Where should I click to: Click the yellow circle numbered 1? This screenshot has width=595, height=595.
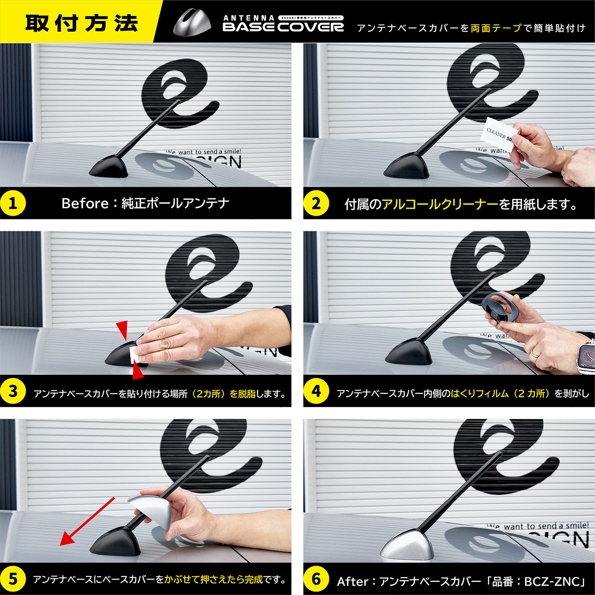click(13, 203)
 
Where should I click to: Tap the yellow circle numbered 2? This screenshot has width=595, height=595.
click(316, 203)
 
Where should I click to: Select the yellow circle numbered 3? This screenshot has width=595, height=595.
click(13, 391)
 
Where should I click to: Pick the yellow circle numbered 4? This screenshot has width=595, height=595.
click(316, 391)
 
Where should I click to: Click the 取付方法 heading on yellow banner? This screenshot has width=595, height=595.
click(81, 23)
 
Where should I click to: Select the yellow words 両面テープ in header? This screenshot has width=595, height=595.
click(496, 28)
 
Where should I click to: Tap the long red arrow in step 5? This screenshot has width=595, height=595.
click(87, 521)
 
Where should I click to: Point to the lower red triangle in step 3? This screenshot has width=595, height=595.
click(137, 371)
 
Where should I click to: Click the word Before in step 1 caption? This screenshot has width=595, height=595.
click(85, 203)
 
